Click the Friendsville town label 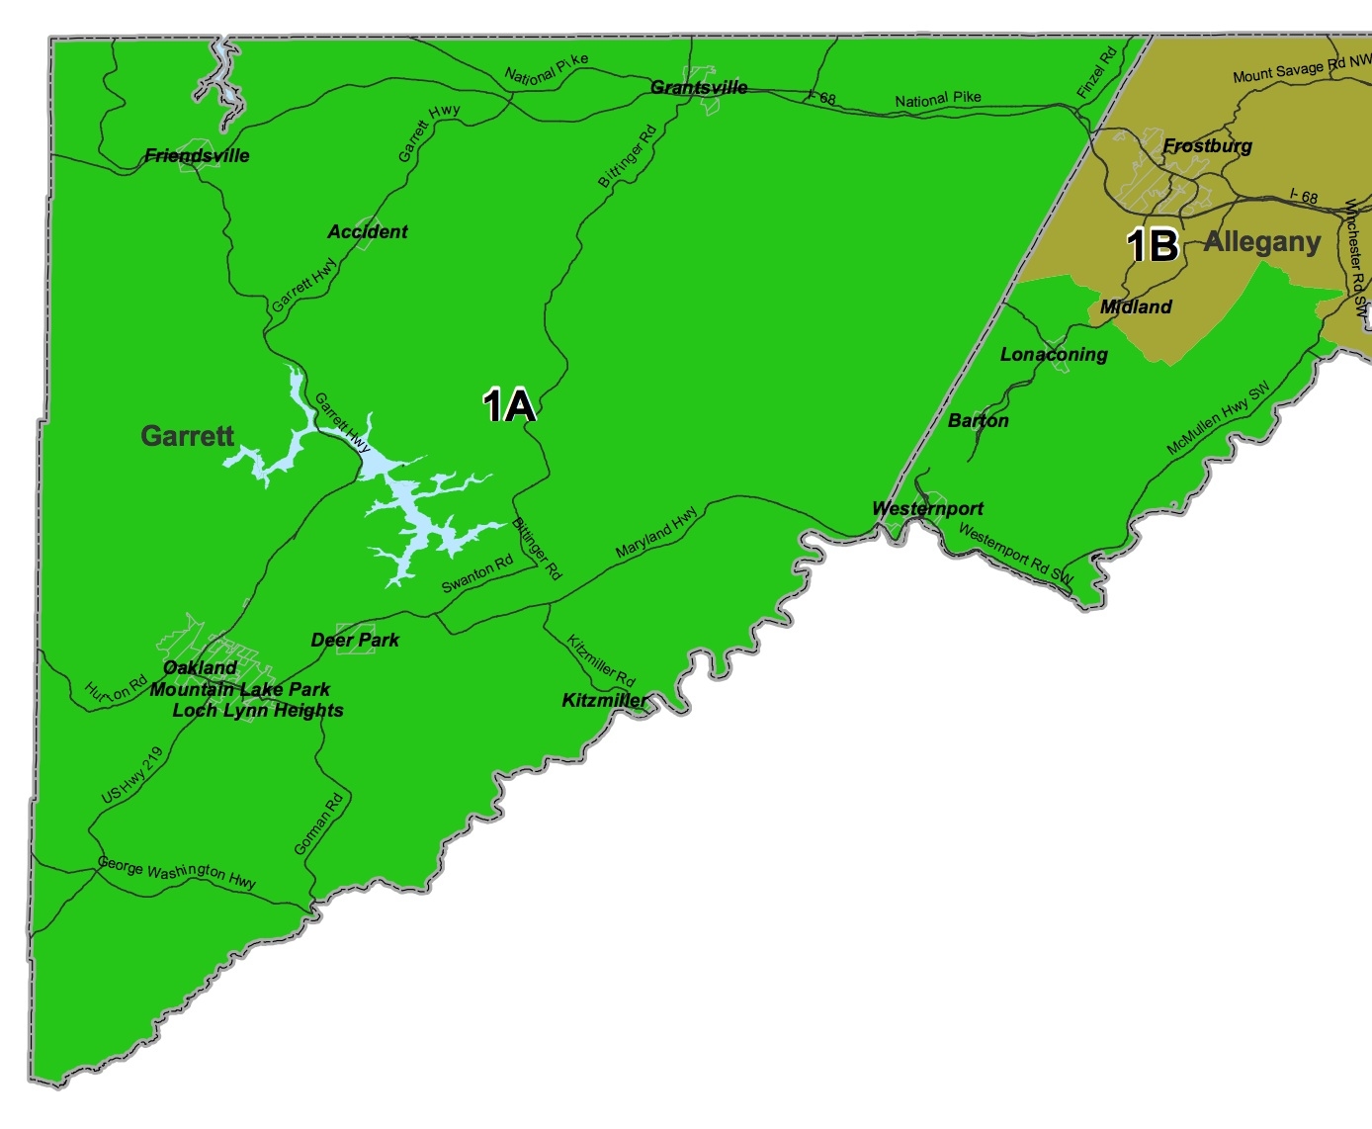197,155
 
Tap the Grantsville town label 699,87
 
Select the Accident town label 368,231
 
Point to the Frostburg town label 1207,146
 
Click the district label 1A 509,405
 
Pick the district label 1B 1153,245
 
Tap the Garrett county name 187,435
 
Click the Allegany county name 1262,242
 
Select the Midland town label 1136,306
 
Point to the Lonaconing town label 1054,354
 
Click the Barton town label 979,420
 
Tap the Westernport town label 927,508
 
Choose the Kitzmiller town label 605,700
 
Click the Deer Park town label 355,640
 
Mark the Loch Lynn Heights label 258,710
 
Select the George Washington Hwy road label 177,872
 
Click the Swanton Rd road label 477,573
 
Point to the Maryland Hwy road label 656,532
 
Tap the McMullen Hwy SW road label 1218,418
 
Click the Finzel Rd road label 1096,72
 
